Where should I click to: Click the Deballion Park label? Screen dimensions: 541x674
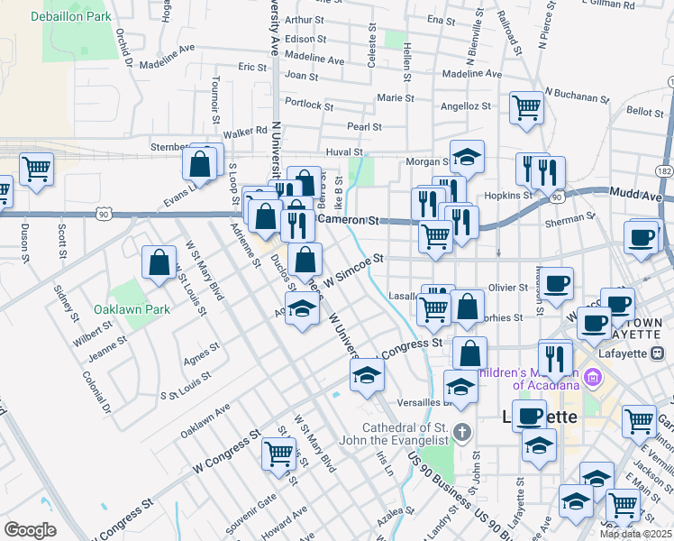click(x=70, y=16)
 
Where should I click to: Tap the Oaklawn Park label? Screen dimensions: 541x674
click(x=132, y=308)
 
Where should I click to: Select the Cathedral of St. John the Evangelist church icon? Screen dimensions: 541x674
click(x=463, y=430)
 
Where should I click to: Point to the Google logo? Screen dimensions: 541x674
click(x=30, y=530)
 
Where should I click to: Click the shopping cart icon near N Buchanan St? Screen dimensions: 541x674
click(x=526, y=108)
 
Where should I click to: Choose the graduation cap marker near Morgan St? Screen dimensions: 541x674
click(x=467, y=157)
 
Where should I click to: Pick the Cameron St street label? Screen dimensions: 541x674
click(x=346, y=219)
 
